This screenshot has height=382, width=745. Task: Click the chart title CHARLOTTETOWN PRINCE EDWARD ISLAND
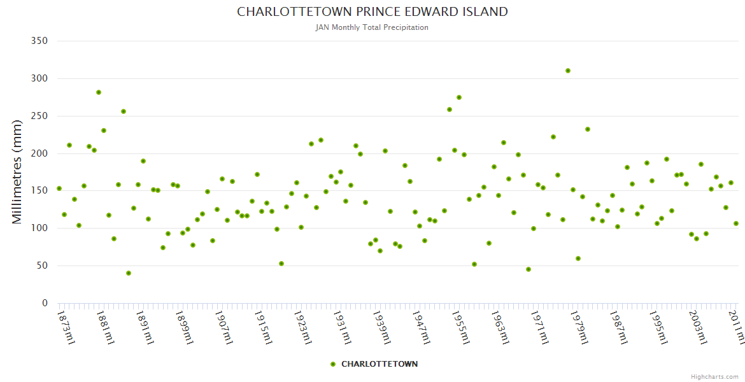tap(372, 11)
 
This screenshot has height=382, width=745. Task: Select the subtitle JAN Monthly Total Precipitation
tap(372, 27)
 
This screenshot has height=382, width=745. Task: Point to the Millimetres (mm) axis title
tap(17, 172)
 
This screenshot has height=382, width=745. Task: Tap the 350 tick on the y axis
tap(39, 41)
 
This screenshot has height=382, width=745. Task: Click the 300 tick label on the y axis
tap(39, 78)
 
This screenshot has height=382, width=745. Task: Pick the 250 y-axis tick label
tap(39, 116)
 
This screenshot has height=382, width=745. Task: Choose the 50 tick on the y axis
tap(43, 265)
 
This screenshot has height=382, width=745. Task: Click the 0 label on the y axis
tap(45, 303)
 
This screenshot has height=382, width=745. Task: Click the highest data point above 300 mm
tap(568, 71)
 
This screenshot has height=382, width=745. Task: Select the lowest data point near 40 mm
tap(129, 273)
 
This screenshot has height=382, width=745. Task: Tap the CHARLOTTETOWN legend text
tap(380, 364)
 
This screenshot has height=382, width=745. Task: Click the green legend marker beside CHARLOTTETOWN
tap(332, 364)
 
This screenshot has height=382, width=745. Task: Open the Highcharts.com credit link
tap(714, 376)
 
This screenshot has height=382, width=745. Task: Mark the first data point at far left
tap(59, 188)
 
